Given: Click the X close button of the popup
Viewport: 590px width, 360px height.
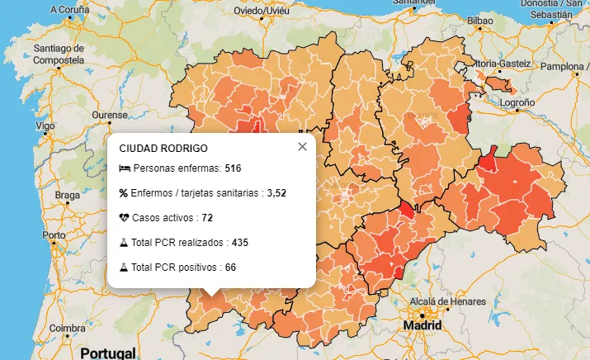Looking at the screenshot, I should tap(302, 147).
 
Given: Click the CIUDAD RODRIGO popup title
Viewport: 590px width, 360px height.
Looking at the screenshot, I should tap(163, 149).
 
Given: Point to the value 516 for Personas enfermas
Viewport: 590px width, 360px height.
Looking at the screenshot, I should tap(233, 168).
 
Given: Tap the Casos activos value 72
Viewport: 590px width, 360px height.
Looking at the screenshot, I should tap(207, 218).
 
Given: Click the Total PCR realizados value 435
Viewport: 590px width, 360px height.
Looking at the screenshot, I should tap(240, 243).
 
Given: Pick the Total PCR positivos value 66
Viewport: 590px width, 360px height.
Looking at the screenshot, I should tap(230, 268).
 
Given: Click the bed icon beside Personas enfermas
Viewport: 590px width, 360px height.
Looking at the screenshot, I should tap(125, 168).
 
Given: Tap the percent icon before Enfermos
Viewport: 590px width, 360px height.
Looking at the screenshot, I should tap(124, 193).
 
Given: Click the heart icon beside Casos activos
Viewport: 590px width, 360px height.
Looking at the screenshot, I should tap(125, 218).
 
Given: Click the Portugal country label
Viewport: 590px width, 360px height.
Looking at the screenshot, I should tap(107, 353).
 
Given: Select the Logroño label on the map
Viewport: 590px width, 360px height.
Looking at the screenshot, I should tap(517, 102).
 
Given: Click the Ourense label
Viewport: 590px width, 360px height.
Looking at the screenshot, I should tap(110, 114).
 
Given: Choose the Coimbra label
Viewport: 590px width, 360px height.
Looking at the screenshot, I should tap(67, 328).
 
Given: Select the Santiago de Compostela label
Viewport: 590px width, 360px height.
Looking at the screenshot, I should tap(59, 54).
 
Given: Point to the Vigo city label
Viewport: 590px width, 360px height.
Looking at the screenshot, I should tap(45, 126).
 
